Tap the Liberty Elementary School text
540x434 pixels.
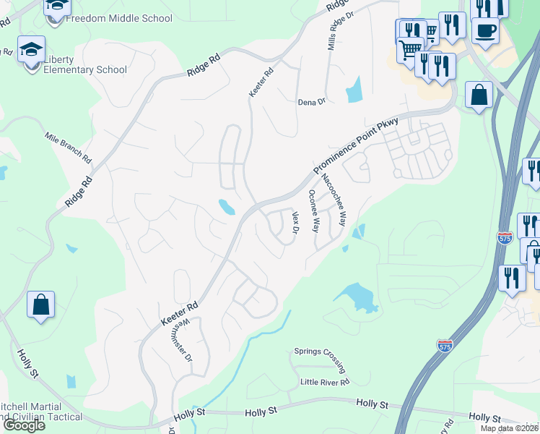(85, 64)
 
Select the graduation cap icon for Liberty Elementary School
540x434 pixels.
(31, 50)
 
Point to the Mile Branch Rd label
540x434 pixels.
(68, 147)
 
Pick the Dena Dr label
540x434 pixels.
(312, 102)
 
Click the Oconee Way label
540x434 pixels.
(313, 210)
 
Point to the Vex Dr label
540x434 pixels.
(295, 222)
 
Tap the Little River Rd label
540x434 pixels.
(325, 381)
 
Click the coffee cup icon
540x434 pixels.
(484, 31)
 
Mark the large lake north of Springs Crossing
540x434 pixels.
(355, 297)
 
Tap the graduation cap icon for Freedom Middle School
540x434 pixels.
(58, 7)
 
